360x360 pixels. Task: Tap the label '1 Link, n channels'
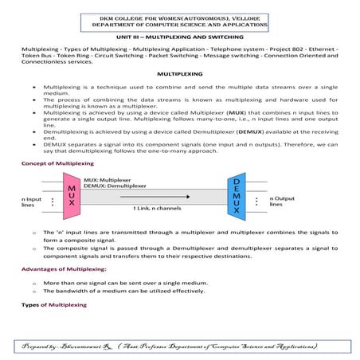click(157, 207)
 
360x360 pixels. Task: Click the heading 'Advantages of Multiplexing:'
click(65, 269)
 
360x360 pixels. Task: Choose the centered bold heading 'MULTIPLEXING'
click(180, 73)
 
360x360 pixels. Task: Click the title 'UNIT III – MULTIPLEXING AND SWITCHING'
click(180, 37)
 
